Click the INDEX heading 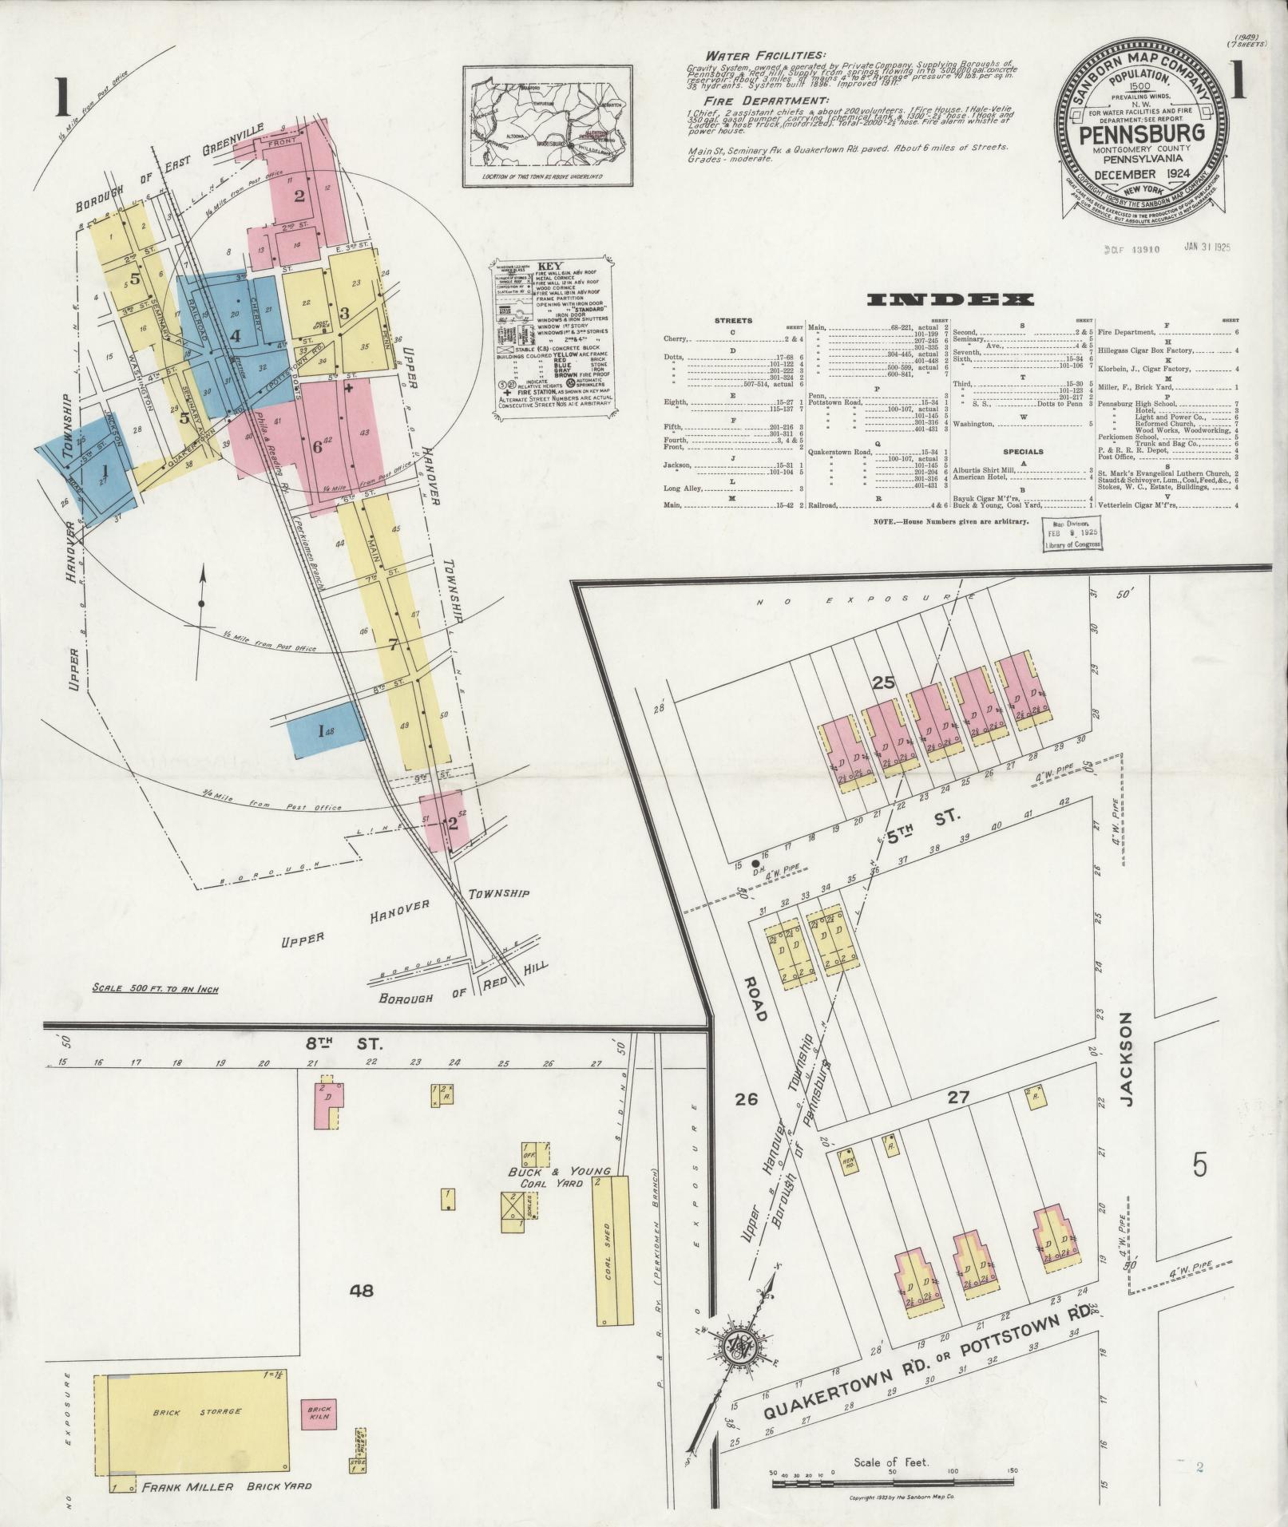coord(949,299)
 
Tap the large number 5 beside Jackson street coord(1199,1165)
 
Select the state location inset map coord(545,128)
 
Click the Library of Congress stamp coord(1072,534)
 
